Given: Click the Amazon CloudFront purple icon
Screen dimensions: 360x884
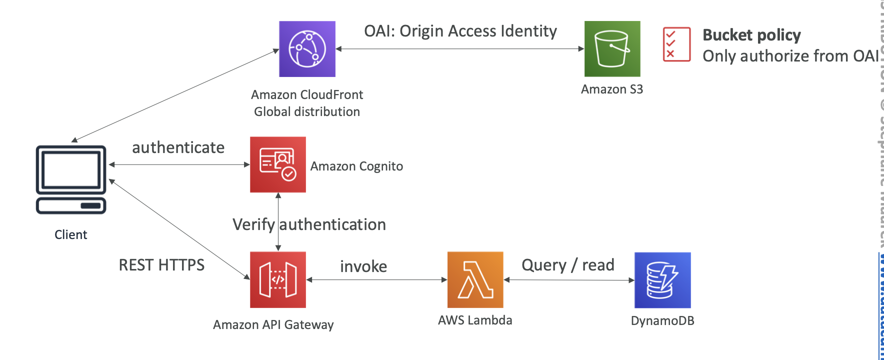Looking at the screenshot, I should [307, 49].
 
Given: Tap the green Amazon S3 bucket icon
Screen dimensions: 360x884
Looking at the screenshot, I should [612, 48].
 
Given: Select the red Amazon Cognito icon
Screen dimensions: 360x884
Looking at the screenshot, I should [278, 164].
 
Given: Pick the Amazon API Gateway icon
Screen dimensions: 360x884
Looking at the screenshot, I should [278, 279].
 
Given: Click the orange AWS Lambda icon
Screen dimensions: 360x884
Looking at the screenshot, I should [475, 279].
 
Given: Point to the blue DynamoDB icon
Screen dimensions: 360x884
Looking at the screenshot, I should [662, 280].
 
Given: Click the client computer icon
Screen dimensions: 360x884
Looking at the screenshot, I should [71, 179].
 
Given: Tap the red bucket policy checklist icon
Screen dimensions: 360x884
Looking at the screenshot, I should [676, 44].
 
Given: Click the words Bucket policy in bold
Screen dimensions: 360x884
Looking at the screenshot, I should [751, 35].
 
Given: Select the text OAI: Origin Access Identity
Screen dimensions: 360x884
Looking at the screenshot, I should [460, 31].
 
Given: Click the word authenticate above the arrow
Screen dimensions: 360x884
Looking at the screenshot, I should [178, 147].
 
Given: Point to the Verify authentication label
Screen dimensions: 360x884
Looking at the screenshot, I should [309, 224].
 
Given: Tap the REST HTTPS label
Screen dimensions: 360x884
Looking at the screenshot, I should [161, 265].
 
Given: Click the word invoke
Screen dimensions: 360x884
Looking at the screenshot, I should [363, 266].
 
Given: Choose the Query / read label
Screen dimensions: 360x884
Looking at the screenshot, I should [567, 265].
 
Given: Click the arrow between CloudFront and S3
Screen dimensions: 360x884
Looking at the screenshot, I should [460, 49].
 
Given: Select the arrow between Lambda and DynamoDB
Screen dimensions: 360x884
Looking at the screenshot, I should [569, 280].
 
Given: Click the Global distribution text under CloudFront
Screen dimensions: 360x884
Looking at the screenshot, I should [307, 111].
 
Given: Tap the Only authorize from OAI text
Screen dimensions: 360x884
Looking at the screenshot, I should [790, 56].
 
